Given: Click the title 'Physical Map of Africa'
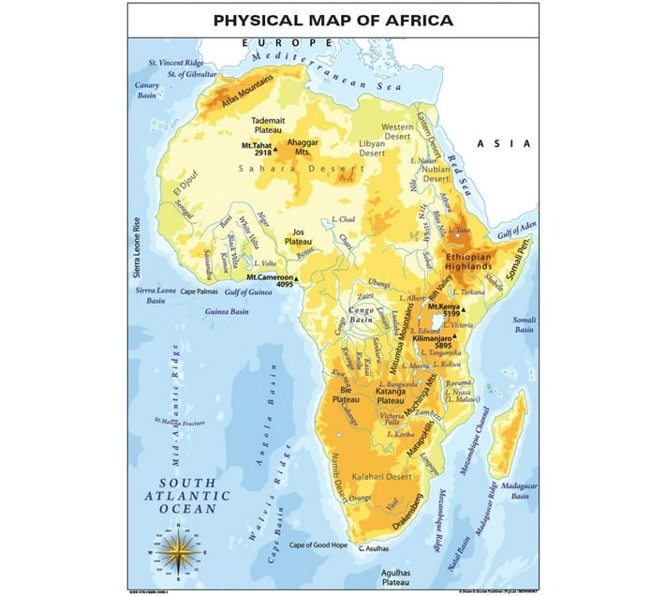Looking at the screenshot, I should point(332,19).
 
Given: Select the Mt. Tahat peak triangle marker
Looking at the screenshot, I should point(275,147).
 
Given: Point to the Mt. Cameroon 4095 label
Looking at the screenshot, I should point(271,281).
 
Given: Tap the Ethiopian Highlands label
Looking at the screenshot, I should point(468,261).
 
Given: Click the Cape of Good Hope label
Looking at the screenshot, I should point(318,545).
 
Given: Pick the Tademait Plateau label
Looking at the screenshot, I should point(269,126).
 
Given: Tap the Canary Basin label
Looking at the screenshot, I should point(148,90).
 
